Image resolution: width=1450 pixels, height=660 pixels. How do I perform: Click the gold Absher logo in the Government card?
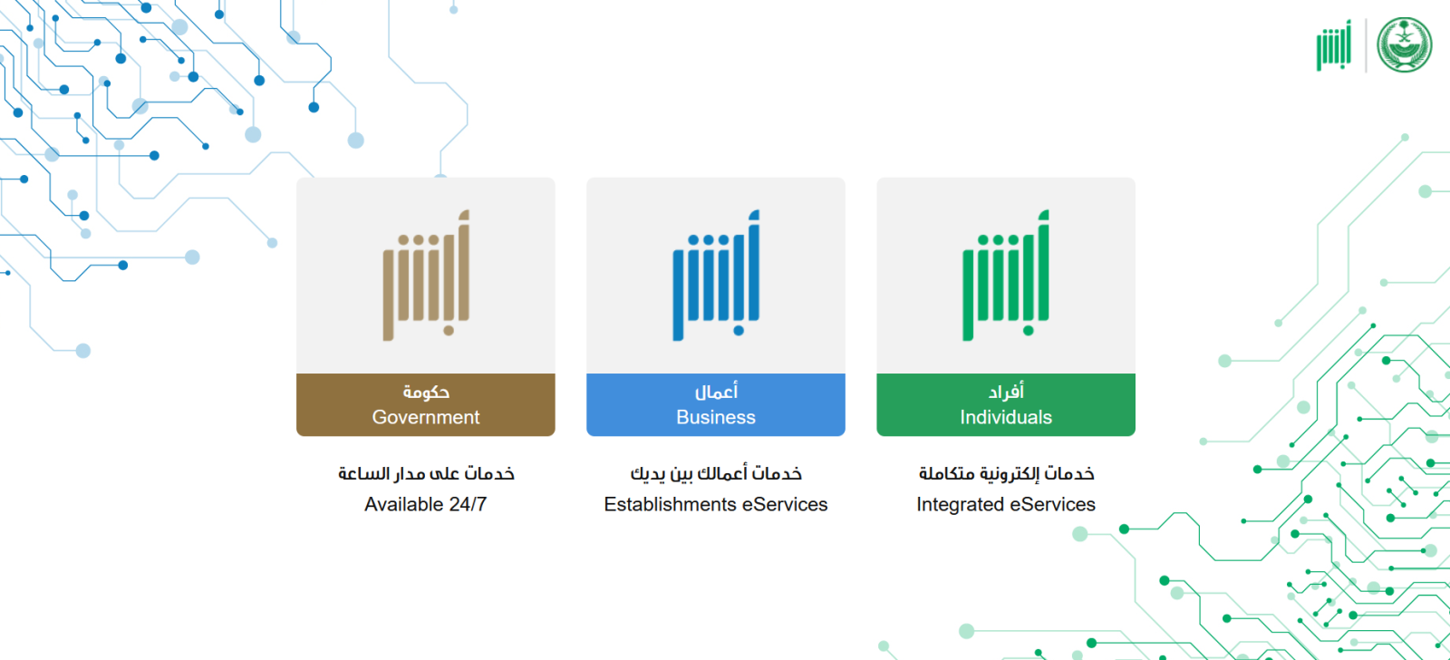(426, 275)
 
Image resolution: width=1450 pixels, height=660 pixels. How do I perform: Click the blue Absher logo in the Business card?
(716, 275)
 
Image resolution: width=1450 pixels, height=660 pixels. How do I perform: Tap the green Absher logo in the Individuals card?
(1006, 275)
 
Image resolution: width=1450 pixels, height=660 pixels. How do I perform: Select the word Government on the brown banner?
(426, 417)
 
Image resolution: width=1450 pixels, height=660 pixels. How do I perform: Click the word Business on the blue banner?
(716, 417)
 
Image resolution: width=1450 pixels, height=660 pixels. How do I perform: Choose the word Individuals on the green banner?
(1006, 417)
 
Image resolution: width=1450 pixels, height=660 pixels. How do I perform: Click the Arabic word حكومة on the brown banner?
(426, 392)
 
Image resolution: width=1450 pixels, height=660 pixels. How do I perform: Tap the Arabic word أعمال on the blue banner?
(716, 392)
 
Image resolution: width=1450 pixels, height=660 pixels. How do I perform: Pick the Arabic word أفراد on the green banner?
(1006, 392)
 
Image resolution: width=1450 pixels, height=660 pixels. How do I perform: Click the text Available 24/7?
(426, 505)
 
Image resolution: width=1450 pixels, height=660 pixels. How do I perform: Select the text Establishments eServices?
(716, 505)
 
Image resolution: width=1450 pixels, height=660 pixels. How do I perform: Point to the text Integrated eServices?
(1006, 505)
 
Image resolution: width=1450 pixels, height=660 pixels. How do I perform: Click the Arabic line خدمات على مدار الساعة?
(426, 473)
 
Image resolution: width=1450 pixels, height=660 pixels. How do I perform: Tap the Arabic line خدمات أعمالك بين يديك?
(716, 473)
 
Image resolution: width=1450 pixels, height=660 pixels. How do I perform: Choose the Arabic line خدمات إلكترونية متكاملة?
(1006, 473)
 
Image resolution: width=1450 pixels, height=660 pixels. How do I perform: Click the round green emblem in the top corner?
(1405, 44)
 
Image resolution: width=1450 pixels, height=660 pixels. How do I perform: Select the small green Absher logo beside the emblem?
(1334, 44)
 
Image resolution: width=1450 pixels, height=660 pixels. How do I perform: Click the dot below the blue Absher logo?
(739, 330)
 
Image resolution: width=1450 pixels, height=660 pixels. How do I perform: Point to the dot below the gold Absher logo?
(449, 330)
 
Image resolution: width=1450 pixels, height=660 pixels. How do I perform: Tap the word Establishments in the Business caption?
(670, 505)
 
